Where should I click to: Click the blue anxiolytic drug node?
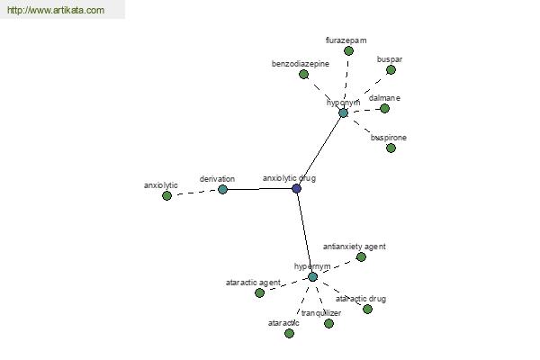click(296, 188)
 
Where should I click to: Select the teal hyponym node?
click(343, 113)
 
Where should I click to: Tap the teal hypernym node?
click(312, 276)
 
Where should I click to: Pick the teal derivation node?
click(223, 189)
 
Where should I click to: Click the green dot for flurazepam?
click(348, 51)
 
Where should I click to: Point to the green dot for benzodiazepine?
click(303, 74)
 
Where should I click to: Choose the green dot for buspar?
click(391, 70)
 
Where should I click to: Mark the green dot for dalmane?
click(384, 109)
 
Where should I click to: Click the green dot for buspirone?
click(391, 148)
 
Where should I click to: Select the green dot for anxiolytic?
click(166, 195)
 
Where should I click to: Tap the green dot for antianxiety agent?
click(361, 256)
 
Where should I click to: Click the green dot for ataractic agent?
click(260, 292)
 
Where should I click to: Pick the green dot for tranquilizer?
click(328, 323)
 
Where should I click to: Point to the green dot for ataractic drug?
click(367, 309)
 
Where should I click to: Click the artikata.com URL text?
click(56, 10)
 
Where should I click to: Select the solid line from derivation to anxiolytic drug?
click(260, 189)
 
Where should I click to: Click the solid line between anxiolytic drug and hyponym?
click(319, 150)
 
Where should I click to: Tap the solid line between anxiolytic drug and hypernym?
click(304, 232)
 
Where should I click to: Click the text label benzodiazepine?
click(301, 64)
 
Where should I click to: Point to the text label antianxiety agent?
click(355, 247)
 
